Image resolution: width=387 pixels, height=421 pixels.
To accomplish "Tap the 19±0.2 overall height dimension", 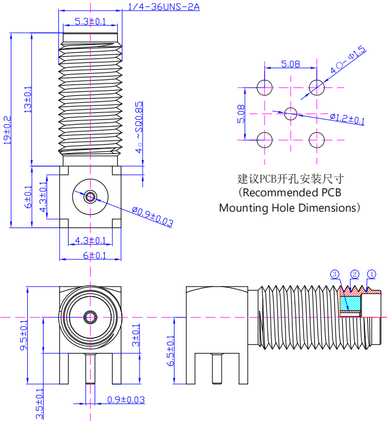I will pyautogui.click(x=7, y=130).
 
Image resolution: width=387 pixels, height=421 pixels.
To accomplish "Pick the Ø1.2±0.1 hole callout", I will pyautogui.click(x=347, y=119).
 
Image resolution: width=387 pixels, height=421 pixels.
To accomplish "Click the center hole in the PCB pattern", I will pyautogui.click(x=291, y=113).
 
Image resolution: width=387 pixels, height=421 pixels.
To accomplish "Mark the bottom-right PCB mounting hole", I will pyautogui.click(x=317, y=139).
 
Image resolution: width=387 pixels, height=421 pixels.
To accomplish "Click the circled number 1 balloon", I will pyautogui.click(x=372, y=275).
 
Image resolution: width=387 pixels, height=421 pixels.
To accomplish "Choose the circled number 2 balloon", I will pyautogui.click(x=355, y=275).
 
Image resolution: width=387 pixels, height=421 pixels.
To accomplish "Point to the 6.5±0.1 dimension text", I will pyautogui.click(x=170, y=350).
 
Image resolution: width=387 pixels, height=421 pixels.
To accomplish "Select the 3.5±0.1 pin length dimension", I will pyautogui.click(x=39, y=403).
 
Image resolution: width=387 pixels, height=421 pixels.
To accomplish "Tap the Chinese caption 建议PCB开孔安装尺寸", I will pyautogui.click(x=290, y=179).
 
